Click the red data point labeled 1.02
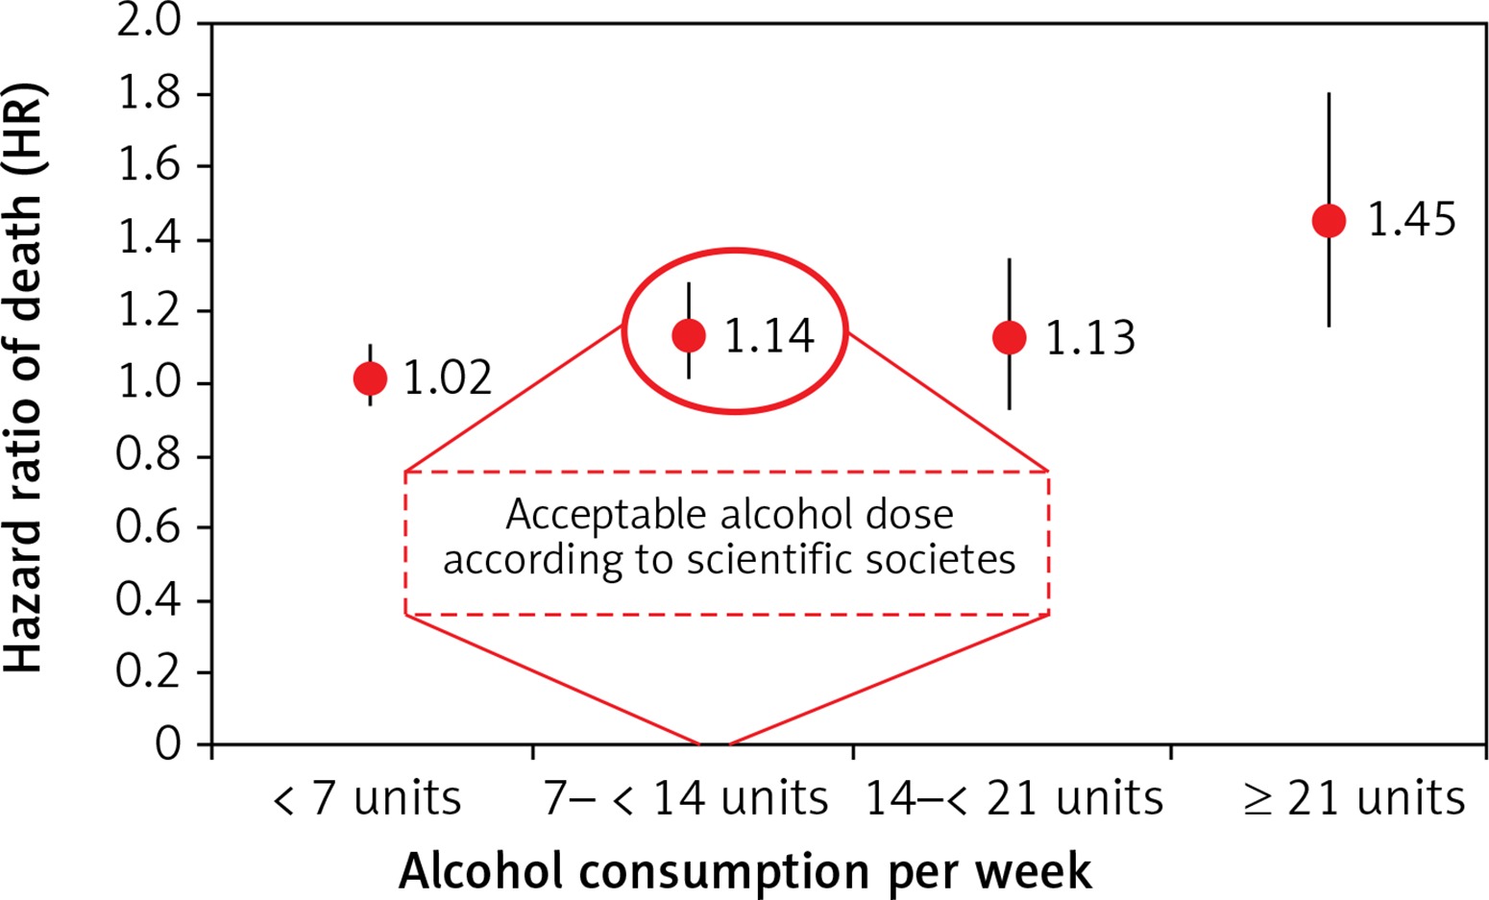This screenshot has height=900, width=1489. click(x=370, y=378)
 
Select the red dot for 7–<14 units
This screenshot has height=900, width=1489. click(x=689, y=335)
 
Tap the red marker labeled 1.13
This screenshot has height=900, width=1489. click(x=1009, y=337)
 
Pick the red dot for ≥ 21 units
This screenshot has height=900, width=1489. click(x=1329, y=221)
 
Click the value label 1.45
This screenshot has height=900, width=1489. click(x=1411, y=221)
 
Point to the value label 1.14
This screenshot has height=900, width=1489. click(x=769, y=336)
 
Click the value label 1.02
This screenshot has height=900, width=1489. click(x=448, y=378)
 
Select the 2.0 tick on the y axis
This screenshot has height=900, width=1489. click(x=149, y=22)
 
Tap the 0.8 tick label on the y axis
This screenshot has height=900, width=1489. click(x=149, y=456)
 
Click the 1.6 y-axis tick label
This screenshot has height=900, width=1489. click(x=149, y=166)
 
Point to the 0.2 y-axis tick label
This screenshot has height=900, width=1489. click(x=149, y=672)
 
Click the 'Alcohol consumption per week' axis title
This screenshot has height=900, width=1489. click(x=745, y=872)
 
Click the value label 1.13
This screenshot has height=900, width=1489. click(x=1090, y=338)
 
